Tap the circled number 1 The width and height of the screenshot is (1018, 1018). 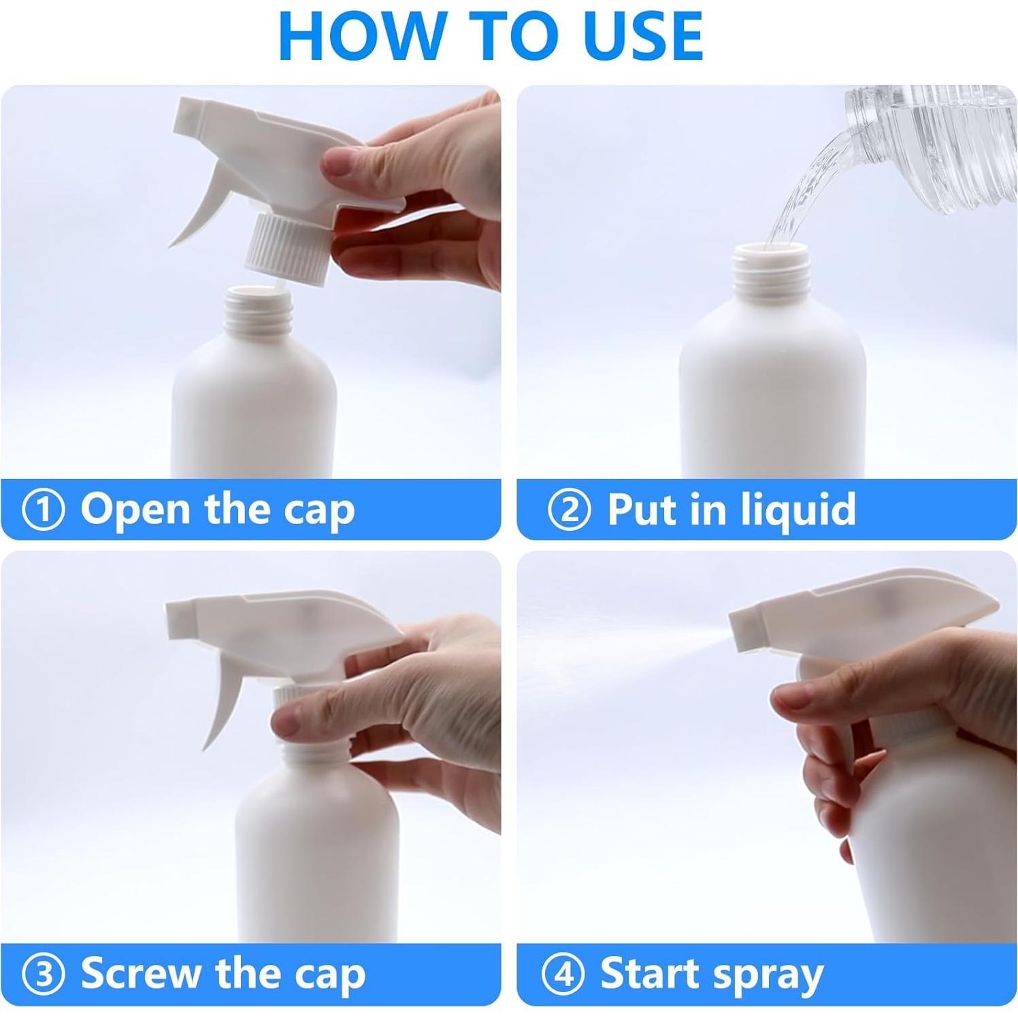(43, 510)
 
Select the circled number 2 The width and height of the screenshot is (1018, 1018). (569, 510)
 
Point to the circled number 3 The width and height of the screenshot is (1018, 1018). (43, 974)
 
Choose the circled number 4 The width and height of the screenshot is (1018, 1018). (563, 974)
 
